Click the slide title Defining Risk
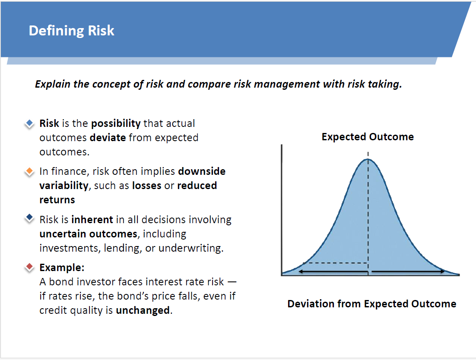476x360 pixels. coord(71,31)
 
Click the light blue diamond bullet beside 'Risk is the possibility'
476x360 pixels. coord(29,123)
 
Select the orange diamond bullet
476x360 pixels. coord(29,171)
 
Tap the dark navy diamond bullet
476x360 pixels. coord(29,218)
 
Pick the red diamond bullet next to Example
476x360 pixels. coord(29,267)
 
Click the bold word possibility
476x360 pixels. coord(116,123)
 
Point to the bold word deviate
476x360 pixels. coord(108,138)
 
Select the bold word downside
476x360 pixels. coord(202,171)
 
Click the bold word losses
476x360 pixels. coord(146,186)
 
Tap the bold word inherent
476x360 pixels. coord(92,220)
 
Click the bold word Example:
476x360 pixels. coord(62,268)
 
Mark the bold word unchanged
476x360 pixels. coord(143,310)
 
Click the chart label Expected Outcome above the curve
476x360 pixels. coord(368,137)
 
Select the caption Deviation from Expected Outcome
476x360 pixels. coord(372,304)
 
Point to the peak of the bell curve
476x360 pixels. coord(368,159)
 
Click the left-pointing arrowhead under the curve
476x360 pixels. coord(301,272)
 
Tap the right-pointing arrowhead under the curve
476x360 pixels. coord(442,272)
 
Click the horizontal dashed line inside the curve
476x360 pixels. coord(336,263)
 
